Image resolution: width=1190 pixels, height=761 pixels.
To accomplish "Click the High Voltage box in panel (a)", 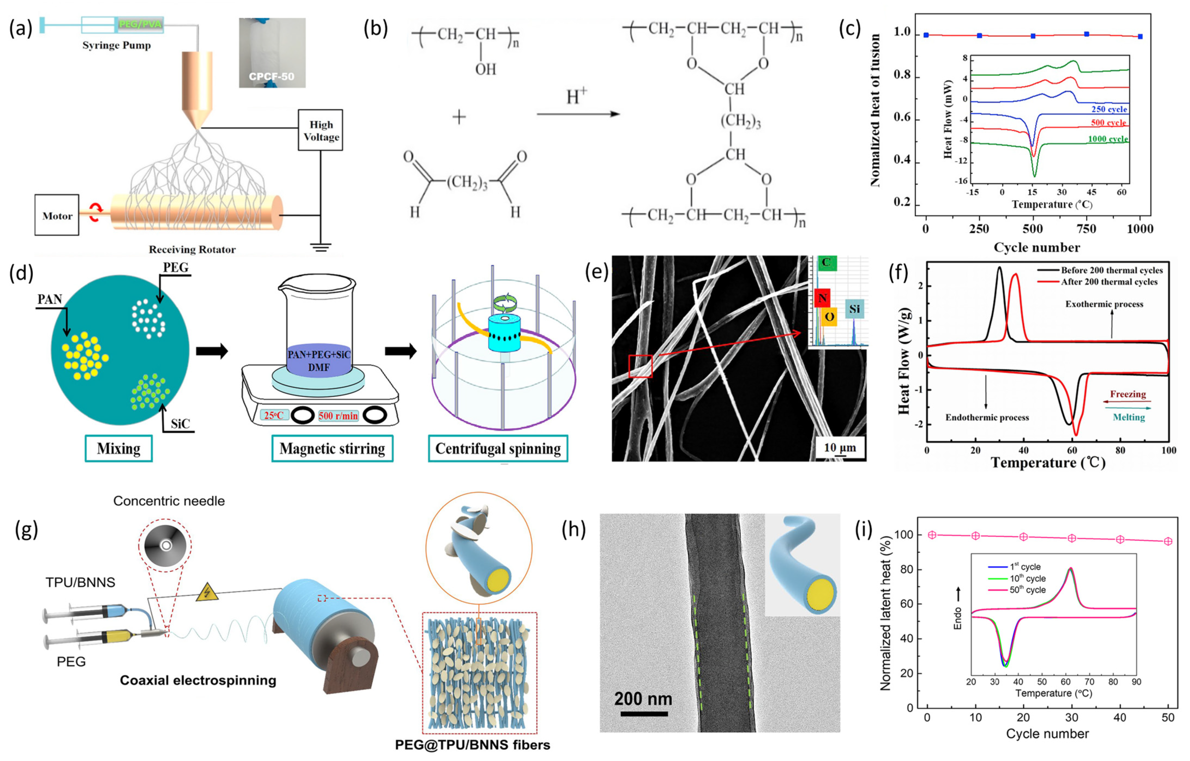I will click(x=320, y=130).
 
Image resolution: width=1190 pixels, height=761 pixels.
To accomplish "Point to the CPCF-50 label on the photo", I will click(x=272, y=77).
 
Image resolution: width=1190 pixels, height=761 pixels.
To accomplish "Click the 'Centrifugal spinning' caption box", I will click(x=498, y=448).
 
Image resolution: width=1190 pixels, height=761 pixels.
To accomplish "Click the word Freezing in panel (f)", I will click(x=1128, y=394).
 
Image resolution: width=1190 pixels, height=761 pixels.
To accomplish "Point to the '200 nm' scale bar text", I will click(x=643, y=699).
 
